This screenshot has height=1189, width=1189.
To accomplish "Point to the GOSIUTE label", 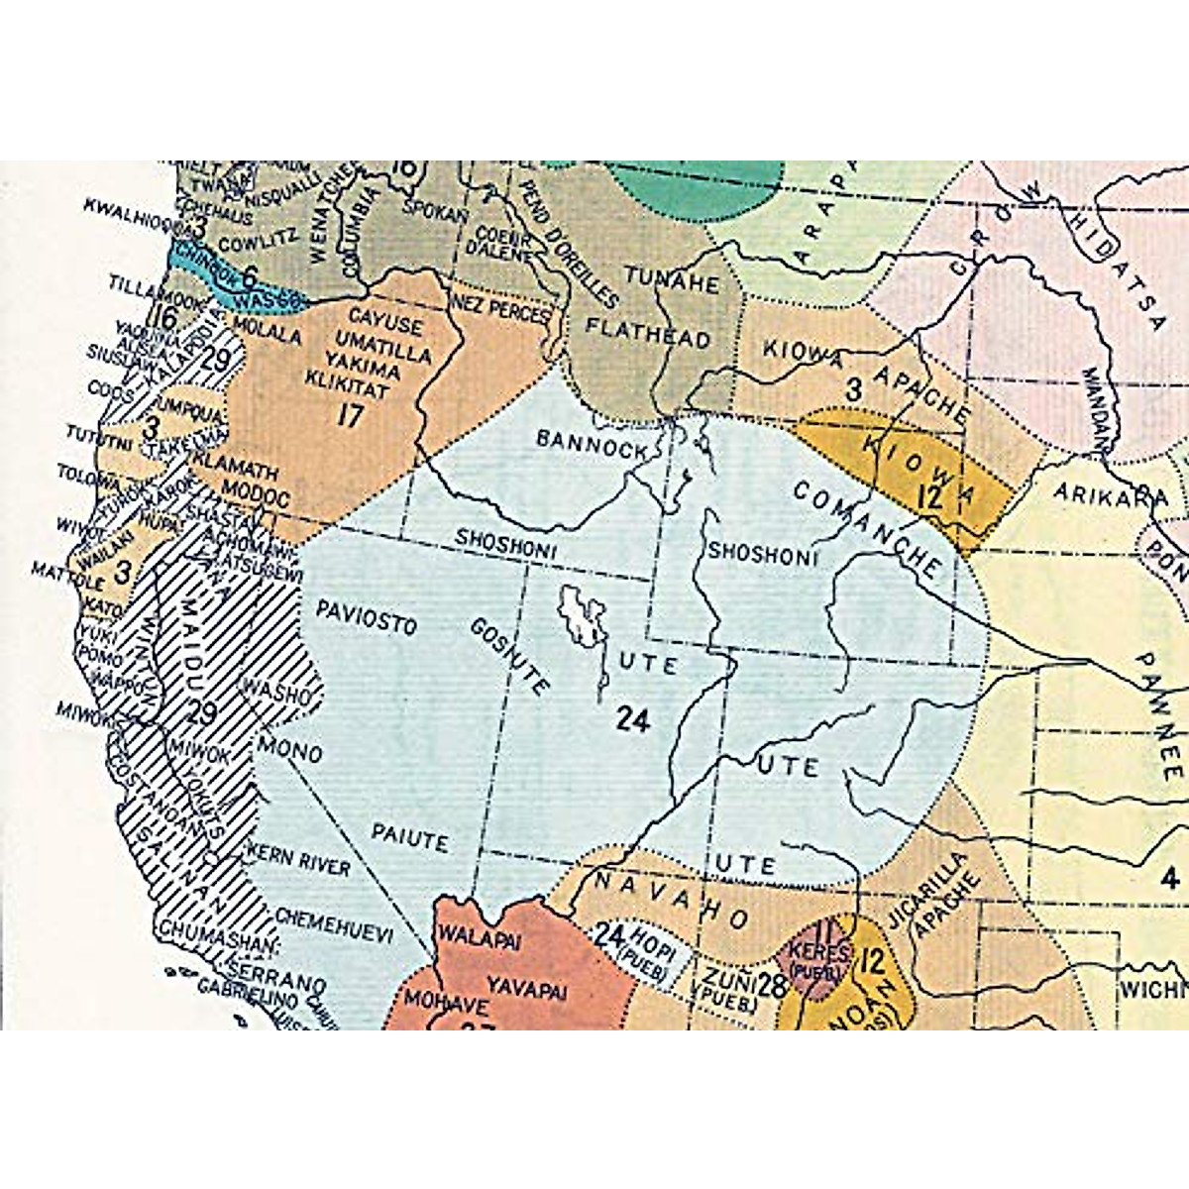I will click(x=510, y=658).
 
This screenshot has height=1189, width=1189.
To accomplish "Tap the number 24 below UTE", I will click(x=631, y=720).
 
